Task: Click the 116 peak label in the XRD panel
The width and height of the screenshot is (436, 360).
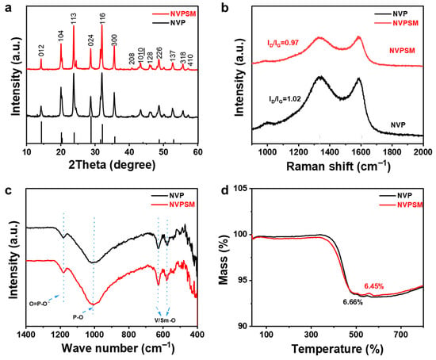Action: tap(102, 18)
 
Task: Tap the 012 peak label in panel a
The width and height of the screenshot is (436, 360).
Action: tap(41, 51)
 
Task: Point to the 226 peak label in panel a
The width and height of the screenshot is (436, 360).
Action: tap(159, 53)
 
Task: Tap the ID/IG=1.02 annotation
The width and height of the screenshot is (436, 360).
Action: tap(285, 99)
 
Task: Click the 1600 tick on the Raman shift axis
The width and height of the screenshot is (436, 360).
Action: tap(361, 151)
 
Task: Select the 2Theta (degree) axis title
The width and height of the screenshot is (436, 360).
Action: tap(112, 165)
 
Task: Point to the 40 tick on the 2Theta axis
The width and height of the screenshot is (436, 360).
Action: tap(129, 151)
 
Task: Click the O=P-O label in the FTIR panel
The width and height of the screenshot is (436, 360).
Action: tap(40, 304)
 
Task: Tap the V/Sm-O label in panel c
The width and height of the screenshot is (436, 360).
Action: tap(165, 320)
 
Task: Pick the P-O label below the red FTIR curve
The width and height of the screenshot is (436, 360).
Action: tap(78, 316)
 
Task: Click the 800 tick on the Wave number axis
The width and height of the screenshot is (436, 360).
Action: tap(129, 334)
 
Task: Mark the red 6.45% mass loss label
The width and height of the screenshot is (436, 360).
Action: tap(374, 286)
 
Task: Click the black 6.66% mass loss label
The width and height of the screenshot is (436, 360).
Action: tap(353, 302)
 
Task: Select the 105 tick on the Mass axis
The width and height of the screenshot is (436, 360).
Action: tap(241, 189)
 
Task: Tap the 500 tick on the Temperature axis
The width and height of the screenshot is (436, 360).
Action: tap(356, 334)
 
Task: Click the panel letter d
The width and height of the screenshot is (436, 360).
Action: tap(224, 190)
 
